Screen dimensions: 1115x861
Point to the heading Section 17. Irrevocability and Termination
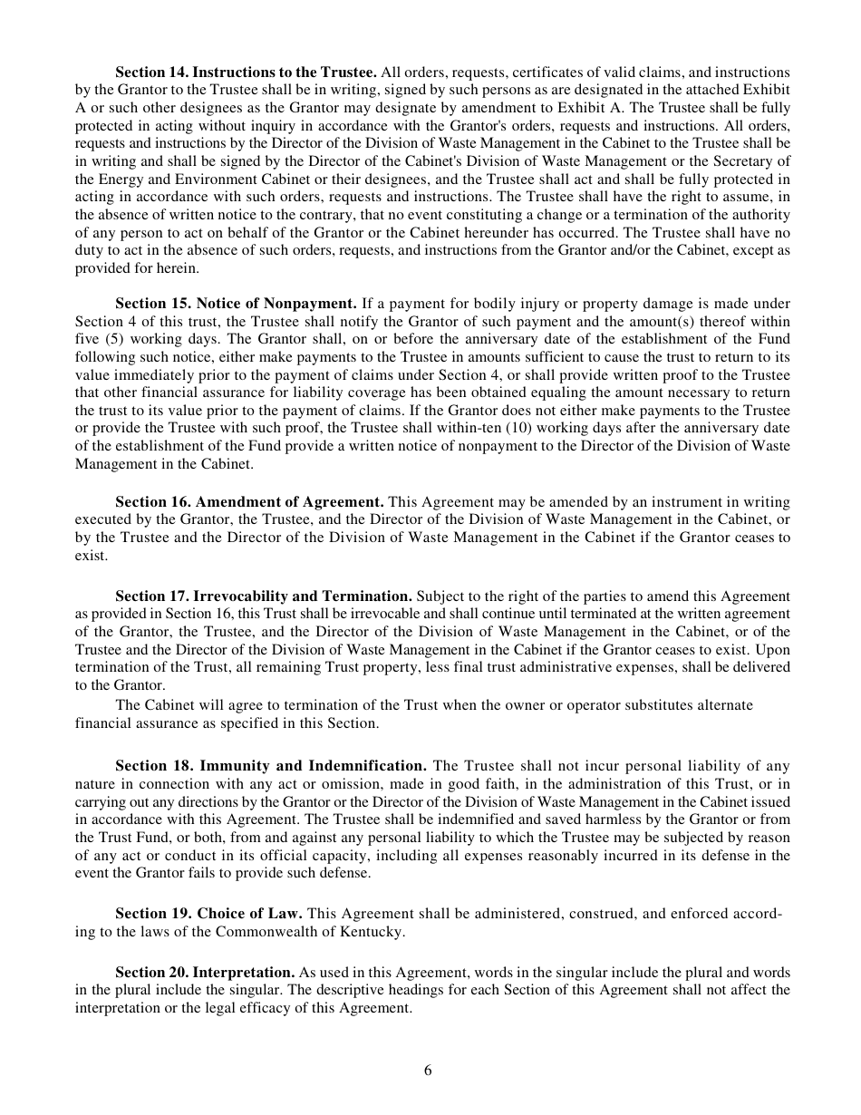(x=264, y=596)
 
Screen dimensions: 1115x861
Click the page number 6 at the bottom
(x=428, y=1071)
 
